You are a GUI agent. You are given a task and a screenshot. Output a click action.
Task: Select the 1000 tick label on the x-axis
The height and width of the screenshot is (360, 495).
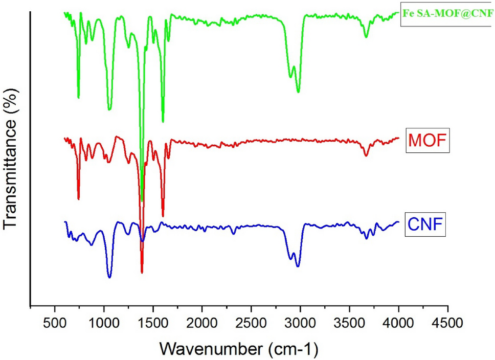(x=104, y=324)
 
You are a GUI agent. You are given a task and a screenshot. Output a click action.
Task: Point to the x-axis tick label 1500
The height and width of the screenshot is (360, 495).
(x=153, y=324)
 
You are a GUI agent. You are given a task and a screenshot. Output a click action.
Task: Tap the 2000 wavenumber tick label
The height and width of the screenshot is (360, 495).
(x=202, y=324)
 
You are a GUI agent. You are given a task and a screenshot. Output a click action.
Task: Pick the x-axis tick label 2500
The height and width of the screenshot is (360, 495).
(x=251, y=324)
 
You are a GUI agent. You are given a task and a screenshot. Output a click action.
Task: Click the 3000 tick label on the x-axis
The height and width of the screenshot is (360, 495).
(x=300, y=324)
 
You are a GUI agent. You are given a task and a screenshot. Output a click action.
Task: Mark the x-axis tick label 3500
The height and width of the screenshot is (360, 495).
(x=349, y=324)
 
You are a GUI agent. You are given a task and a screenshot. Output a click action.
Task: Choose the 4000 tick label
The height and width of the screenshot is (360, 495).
(x=398, y=324)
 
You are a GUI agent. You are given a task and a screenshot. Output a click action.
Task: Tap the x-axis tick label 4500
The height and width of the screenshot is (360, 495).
(x=447, y=324)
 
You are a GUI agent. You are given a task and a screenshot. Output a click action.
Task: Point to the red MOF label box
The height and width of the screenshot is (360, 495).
(x=427, y=142)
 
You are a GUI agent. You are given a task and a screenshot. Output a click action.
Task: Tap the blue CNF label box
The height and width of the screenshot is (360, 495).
(x=425, y=225)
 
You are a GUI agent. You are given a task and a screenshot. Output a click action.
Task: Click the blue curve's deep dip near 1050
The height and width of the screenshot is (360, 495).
(x=109, y=277)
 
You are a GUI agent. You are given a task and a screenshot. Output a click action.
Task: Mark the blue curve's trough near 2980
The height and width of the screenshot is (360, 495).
(x=298, y=266)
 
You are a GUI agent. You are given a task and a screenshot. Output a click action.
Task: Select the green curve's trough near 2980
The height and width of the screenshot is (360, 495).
(x=298, y=92)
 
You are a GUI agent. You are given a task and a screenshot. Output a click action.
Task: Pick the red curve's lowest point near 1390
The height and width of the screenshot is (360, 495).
(x=142, y=273)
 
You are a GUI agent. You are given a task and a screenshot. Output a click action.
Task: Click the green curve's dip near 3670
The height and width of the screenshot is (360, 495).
(x=366, y=37)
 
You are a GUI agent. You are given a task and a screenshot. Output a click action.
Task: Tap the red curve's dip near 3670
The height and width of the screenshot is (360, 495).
(x=366, y=155)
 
